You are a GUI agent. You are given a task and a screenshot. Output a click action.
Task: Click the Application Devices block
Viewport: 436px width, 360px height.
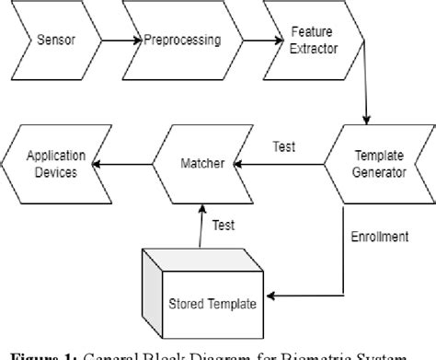(x=58, y=164)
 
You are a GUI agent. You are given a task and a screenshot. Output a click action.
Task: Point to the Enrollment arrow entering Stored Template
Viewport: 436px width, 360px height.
(x=304, y=295)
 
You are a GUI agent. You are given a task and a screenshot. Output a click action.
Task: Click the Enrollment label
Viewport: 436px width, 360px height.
(x=381, y=237)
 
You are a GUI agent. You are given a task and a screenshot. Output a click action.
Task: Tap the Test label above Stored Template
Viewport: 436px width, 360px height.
(x=223, y=224)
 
